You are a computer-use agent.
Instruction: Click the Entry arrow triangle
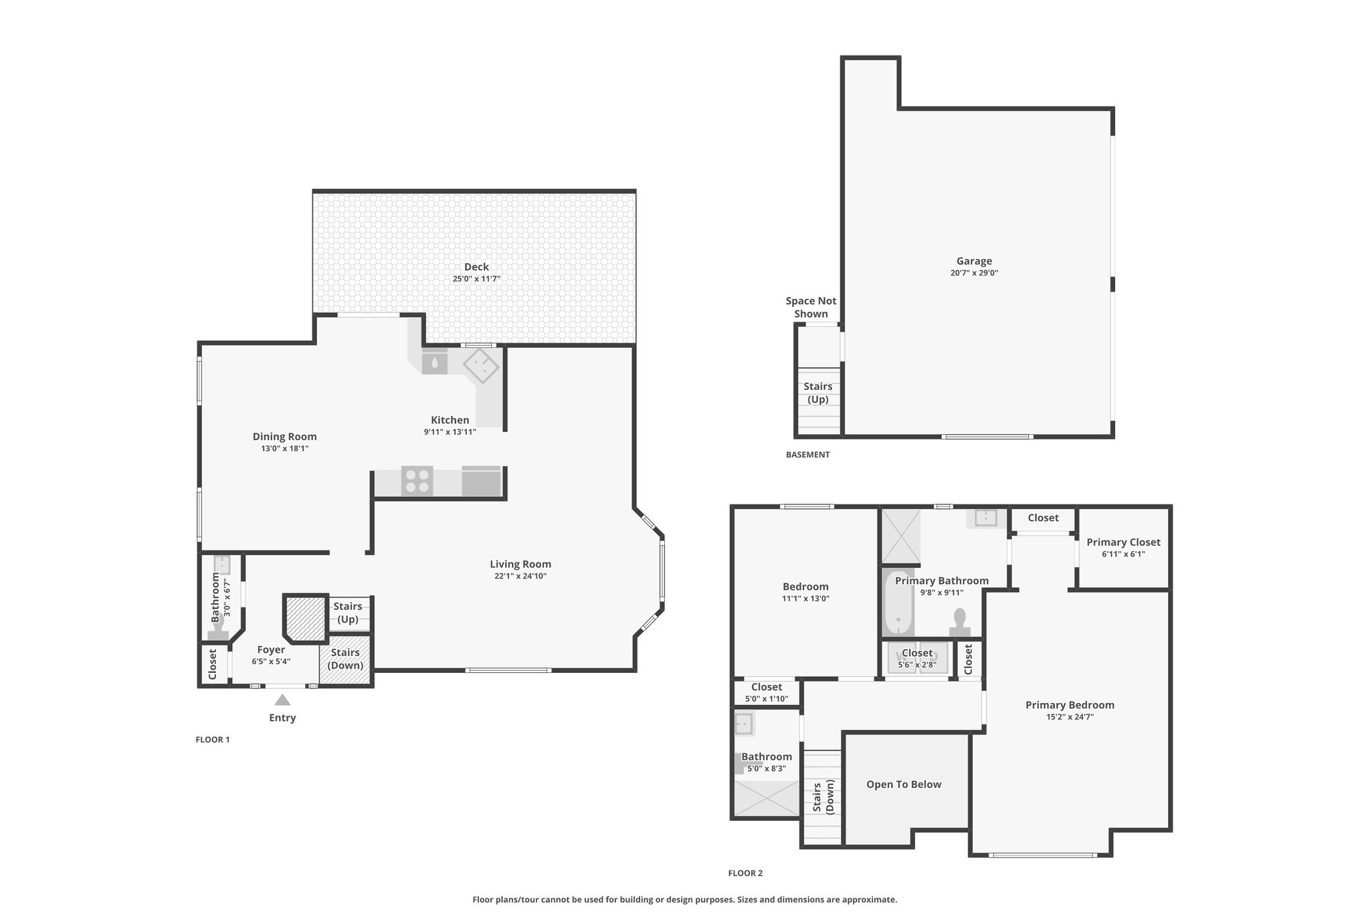tap(282, 700)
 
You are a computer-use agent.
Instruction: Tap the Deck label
tap(476, 267)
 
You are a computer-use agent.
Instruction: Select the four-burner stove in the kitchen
tap(417, 481)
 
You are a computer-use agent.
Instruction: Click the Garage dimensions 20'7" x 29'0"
tap(974, 273)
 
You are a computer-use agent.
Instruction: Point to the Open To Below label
tap(904, 785)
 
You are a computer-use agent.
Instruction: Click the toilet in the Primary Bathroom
tap(960, 622)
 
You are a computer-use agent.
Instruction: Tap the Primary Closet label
tap(1123, 542)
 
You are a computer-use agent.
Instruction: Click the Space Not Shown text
tap(811, 308)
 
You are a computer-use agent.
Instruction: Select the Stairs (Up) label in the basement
tap(817, 393)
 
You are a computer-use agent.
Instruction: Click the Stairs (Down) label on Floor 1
tap(345, 659)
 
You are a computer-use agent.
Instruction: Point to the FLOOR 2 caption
tap(745, 873)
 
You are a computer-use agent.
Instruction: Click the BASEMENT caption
tap(807, 455)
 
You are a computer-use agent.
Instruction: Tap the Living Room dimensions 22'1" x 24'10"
tap(520, 576)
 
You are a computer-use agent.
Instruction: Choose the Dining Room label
tap(284, 437)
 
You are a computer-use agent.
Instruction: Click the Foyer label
tap(271, 649)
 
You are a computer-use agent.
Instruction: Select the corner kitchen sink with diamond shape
tap(481, 366)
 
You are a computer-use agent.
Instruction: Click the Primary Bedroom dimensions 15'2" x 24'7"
tap(1070, 717)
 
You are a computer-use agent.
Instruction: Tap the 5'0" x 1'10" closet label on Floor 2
tap(767, 699)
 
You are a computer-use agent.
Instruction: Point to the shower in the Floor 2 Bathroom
tap(767, 798)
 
